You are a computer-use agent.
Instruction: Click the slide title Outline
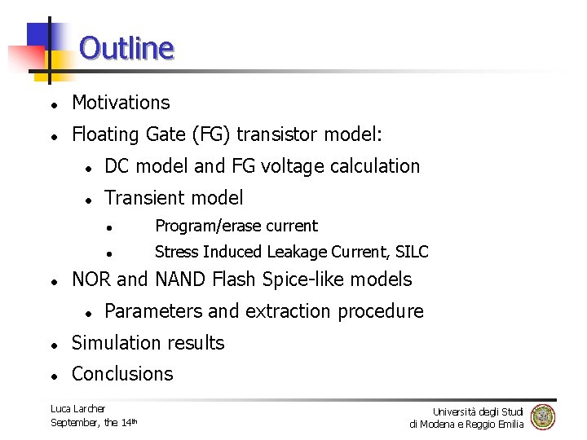coord(126,48)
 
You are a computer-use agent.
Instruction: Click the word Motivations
coord(121,103)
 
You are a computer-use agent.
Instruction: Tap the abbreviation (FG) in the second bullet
coord(235,134)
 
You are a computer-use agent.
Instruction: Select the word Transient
coord(141,198)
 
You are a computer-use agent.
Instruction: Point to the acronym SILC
coord(411,252)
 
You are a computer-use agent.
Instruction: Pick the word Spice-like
coord(298,279)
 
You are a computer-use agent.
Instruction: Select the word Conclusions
coord(122,374)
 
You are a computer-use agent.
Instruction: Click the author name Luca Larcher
coord(77,408)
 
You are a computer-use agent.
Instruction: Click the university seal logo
coord(543,417)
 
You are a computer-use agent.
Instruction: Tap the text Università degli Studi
coord(478,411)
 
